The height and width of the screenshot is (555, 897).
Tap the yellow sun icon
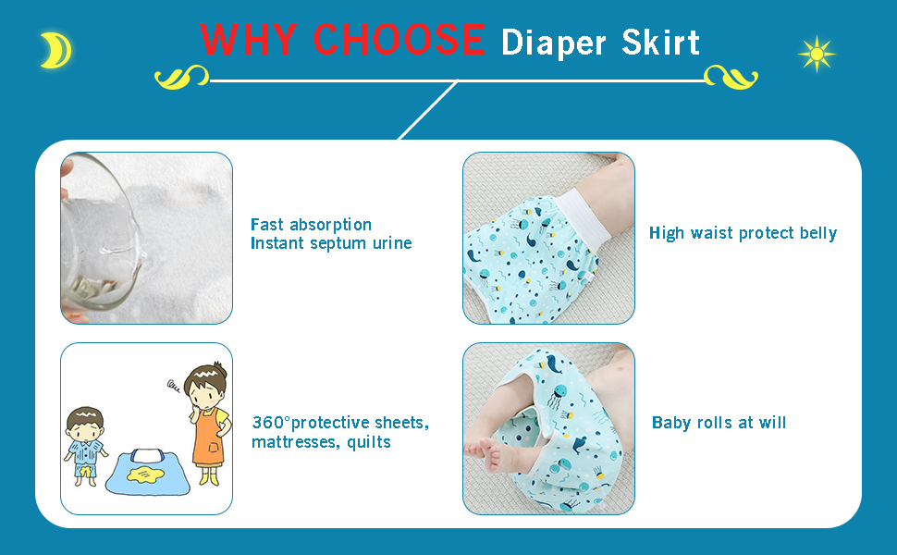[817, 55]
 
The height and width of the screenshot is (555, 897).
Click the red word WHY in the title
[248, 40]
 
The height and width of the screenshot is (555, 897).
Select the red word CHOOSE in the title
[399, 40]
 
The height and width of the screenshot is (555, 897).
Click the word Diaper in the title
[553, 43]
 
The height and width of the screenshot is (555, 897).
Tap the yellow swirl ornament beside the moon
[182, 77]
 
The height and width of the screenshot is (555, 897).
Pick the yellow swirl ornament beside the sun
[731, 77]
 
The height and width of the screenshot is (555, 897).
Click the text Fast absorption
[312, 224]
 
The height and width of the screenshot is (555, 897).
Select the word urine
[392, 244]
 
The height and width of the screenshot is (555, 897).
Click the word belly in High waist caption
[818, 233]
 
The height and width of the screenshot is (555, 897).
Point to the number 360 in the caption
[268, 423]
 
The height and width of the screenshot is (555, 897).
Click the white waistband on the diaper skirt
[584, 216]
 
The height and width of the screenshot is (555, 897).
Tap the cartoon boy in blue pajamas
[86, 446]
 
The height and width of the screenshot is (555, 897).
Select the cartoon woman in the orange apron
[208, 424]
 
